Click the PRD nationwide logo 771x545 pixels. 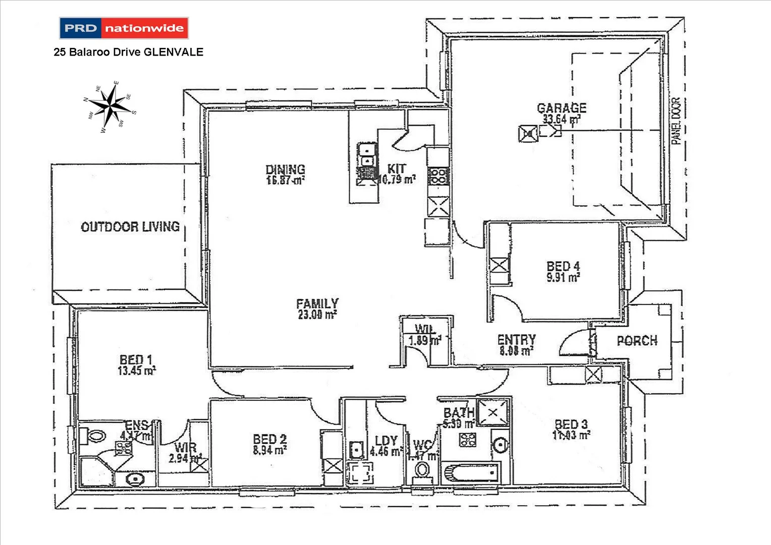pos(124,28)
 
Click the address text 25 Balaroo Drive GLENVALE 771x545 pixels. pos(128,52)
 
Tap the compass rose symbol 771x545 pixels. pos(110,106)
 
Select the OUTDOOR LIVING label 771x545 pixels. pos(130,227)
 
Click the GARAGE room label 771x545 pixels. pos(562,108)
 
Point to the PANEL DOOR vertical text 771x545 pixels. pos(676,121)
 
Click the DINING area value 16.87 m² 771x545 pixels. pos(285,180)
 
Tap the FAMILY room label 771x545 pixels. pos(317,303)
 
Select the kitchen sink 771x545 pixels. pos(367,155)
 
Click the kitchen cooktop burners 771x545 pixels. pos(438,176)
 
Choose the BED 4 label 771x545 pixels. pos(563,265)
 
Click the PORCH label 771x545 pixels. pos(637,341)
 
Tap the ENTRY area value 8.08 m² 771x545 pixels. pos(516,351)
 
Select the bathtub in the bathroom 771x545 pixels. pos(470,473)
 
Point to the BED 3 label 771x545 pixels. pos(571,424)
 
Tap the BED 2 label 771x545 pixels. pos(270,439)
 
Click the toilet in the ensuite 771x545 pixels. pos(94,435)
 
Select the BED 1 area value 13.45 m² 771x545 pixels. pos(136,371)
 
